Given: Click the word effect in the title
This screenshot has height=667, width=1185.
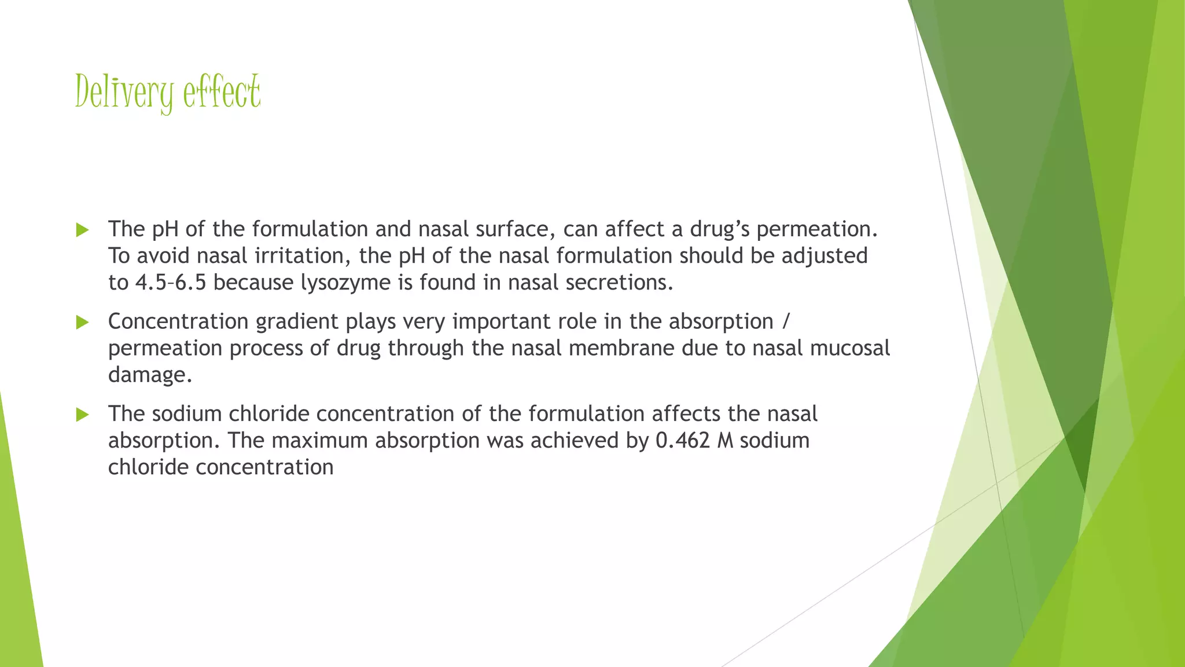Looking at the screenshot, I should click(x=222, y=93).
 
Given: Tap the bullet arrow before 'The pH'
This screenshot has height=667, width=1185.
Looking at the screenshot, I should click(x=82, y=230).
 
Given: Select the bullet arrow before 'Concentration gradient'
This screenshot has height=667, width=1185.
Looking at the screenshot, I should click(x=82, y=322).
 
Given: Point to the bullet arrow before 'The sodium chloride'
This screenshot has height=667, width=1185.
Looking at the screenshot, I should click(x=82, y=415).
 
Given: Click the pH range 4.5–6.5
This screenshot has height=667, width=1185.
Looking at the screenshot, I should click(x=171, y=283).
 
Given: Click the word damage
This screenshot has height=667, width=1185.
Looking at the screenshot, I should click(x=150, y=376).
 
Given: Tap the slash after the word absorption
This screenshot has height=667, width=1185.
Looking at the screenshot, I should click(x=785, y=322).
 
